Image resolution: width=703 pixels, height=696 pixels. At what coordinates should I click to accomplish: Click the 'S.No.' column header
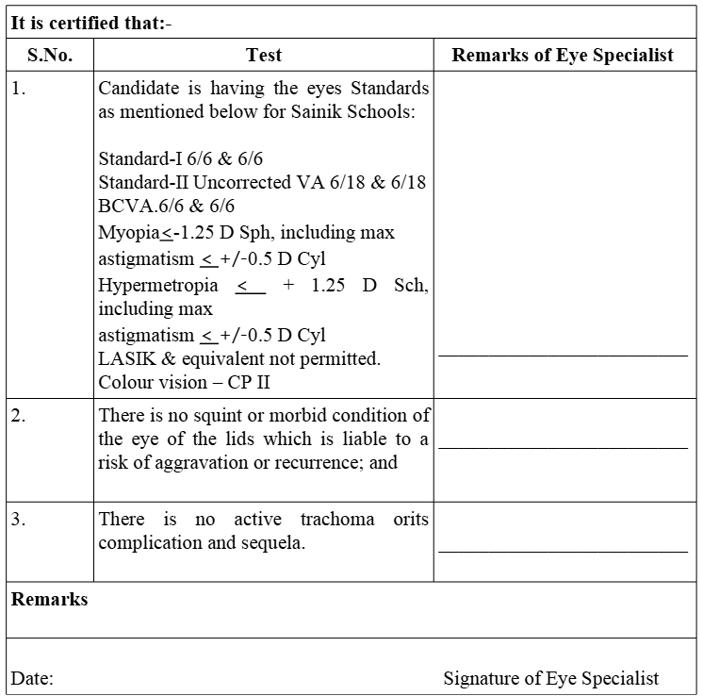pos(50,56)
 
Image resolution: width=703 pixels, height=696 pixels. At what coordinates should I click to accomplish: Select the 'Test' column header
pos(264,56)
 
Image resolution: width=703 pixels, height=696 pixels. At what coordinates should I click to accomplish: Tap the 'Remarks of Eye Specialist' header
pos(563,56)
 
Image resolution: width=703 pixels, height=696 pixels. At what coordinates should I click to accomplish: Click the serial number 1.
pos(19,90)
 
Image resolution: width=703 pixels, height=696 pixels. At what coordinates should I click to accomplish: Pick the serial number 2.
pos(19,416)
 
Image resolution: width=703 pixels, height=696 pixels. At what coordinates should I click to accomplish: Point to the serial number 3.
pos(19,520)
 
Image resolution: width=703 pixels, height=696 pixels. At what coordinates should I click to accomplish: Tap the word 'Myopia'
pos(128,232)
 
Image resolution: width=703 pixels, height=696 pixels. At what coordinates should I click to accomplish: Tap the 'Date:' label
pos(32,678)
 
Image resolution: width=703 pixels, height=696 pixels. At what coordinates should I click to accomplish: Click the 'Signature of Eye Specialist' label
pos(551,678)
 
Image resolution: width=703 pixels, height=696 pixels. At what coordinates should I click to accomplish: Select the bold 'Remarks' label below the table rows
pos(49,600)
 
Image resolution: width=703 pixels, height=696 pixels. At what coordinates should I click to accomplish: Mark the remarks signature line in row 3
pos(563,550)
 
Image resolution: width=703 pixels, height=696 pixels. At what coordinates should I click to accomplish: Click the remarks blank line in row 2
pos(563,447)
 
